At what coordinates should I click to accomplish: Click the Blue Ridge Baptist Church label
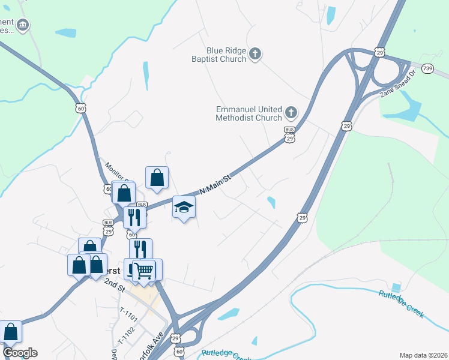click(226, 55)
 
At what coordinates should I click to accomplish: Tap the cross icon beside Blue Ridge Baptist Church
click(255, 55)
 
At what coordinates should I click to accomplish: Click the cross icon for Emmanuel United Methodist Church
click(291, 112)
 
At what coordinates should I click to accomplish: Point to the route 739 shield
click(427, 70)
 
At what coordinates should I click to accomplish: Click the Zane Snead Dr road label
click(398, 86)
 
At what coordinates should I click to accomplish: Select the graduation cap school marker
click(184, 208)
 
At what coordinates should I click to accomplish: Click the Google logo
click(20, 353)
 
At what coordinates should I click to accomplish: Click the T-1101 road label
click(128, 313)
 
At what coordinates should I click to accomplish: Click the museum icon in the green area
click(23, 25)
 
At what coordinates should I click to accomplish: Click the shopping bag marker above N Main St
click(157, 178)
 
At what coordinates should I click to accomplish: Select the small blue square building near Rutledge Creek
click(396, 287)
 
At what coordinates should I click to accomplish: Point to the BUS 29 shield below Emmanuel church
click(289, 134)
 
